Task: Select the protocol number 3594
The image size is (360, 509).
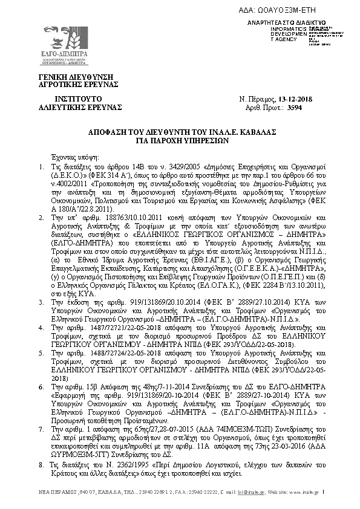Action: [x=310, y=107]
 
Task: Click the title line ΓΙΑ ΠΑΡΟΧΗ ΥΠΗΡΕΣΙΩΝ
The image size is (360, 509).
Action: [x=182, y=138]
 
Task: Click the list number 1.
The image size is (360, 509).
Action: [x=40, y=165]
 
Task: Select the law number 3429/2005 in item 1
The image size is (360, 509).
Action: [x=159, y=165]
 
